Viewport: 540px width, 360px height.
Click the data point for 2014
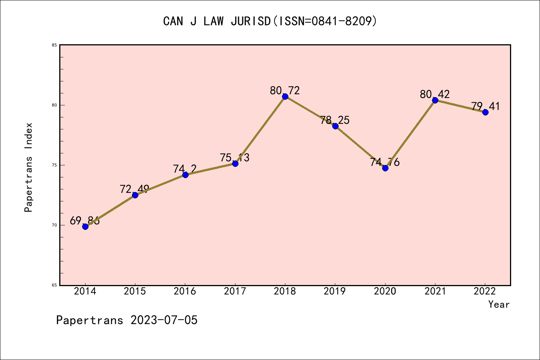pos(85,226)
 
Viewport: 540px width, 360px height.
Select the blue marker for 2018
pos(285,96)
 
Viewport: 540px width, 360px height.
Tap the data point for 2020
pos(385,168)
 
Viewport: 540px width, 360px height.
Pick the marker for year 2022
pos(485,112)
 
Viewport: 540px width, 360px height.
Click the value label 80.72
pos(285,90)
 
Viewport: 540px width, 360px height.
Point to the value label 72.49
pos(135,189)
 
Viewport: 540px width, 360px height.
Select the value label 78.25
pos(335,120)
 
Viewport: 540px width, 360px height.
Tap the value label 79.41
pos(485,106)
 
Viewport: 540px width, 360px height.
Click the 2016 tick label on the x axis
pos(185,291)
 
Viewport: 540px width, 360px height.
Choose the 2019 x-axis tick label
pos(335,291)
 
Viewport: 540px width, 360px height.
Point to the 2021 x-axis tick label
pos(435,291)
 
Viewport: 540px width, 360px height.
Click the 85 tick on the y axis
pos(54,45)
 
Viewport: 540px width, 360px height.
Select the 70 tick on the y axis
pos(54,225)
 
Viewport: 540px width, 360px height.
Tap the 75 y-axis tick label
pos(54,165)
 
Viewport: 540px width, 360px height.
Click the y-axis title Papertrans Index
pos(29,167)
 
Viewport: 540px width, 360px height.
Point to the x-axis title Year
pos(499,304)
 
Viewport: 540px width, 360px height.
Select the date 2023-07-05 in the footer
pos(164,320)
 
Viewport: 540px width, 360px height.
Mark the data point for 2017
pos(235,163)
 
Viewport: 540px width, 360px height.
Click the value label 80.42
pos(435,94)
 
